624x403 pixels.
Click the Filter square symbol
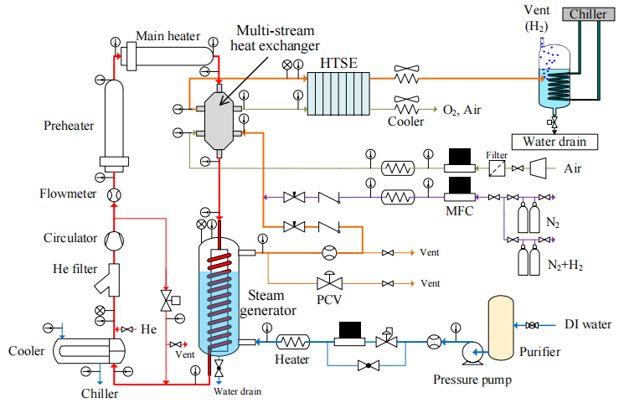click(x=497, y=168)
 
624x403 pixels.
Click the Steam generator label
click(x=273, y=304)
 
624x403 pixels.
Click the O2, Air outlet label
click(x=461, y=110)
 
